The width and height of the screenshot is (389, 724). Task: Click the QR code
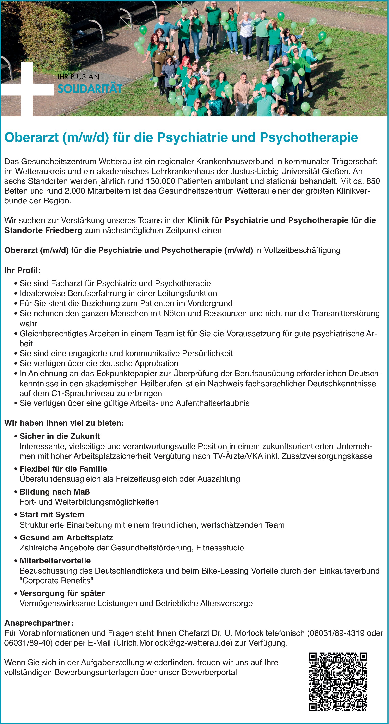tap(338, 682)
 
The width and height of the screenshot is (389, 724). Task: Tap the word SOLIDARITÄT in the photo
tap(90, 89)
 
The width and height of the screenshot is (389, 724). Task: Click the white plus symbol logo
tap(27, 89)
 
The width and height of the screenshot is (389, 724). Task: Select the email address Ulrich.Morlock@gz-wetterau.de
tap(173, 643)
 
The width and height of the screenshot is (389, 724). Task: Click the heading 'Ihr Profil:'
tap(23, 270)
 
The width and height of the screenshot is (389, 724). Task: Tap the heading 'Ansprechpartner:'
tap(39, 623)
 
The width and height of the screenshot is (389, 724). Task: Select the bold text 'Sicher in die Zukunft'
tap(60, 436)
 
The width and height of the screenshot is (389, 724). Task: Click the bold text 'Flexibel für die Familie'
tap(63, 469)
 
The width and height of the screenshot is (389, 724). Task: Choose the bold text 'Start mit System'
tap(52, 515)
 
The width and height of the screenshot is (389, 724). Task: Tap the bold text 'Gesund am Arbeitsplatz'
tap(66, 538)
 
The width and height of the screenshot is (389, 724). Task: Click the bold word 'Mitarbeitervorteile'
tap(55, 561)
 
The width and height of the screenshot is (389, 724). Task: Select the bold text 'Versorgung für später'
tap(62, 593)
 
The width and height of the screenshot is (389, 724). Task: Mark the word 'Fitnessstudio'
tap(220, 548)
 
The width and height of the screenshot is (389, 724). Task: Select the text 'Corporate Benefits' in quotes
tap(56, 580)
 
